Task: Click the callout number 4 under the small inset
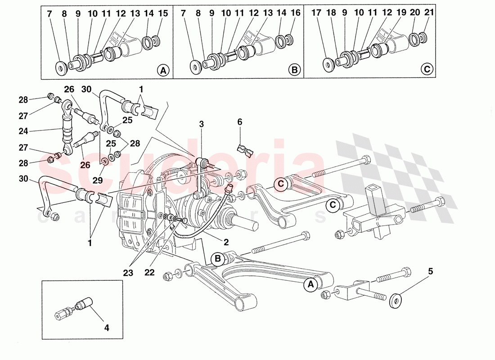click(x=106, y=328)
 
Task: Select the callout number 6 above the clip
click(x=239, y=121)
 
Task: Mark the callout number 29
click(x=98, y=180)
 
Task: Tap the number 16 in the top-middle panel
click(x=295, y=13)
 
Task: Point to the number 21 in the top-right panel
click(x=429, y=13)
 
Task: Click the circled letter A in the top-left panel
click(x=163, y=70)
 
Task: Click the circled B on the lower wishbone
click(x=218, y=259)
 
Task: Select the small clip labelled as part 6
click(x=245, y=150)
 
